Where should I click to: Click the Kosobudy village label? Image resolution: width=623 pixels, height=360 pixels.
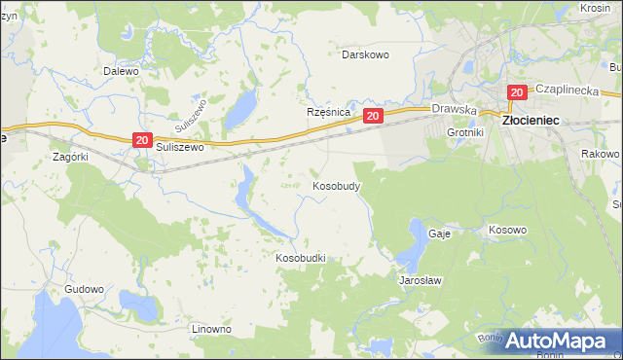point(337,185)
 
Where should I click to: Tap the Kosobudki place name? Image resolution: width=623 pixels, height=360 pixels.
point(300,258)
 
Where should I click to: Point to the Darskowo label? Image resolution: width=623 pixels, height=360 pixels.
point(365,54)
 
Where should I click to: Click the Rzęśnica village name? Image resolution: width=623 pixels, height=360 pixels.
point(328,112)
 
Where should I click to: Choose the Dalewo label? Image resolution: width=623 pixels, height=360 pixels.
point(122,71)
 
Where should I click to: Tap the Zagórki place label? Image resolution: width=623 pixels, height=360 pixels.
point(70,156)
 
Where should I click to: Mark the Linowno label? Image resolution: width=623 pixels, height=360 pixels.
point(211,329)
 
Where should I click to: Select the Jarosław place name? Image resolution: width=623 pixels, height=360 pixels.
point(421,279)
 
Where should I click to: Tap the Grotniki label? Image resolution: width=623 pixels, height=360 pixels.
point(464,131)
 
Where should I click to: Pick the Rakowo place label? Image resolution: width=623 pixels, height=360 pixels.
point(600,154)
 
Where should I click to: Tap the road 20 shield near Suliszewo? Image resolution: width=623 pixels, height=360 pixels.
point(142,141)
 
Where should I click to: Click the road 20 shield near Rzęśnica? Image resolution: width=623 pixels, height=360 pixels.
point(373,116)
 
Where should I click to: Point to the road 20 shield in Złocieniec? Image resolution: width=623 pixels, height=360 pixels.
point(516,92)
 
